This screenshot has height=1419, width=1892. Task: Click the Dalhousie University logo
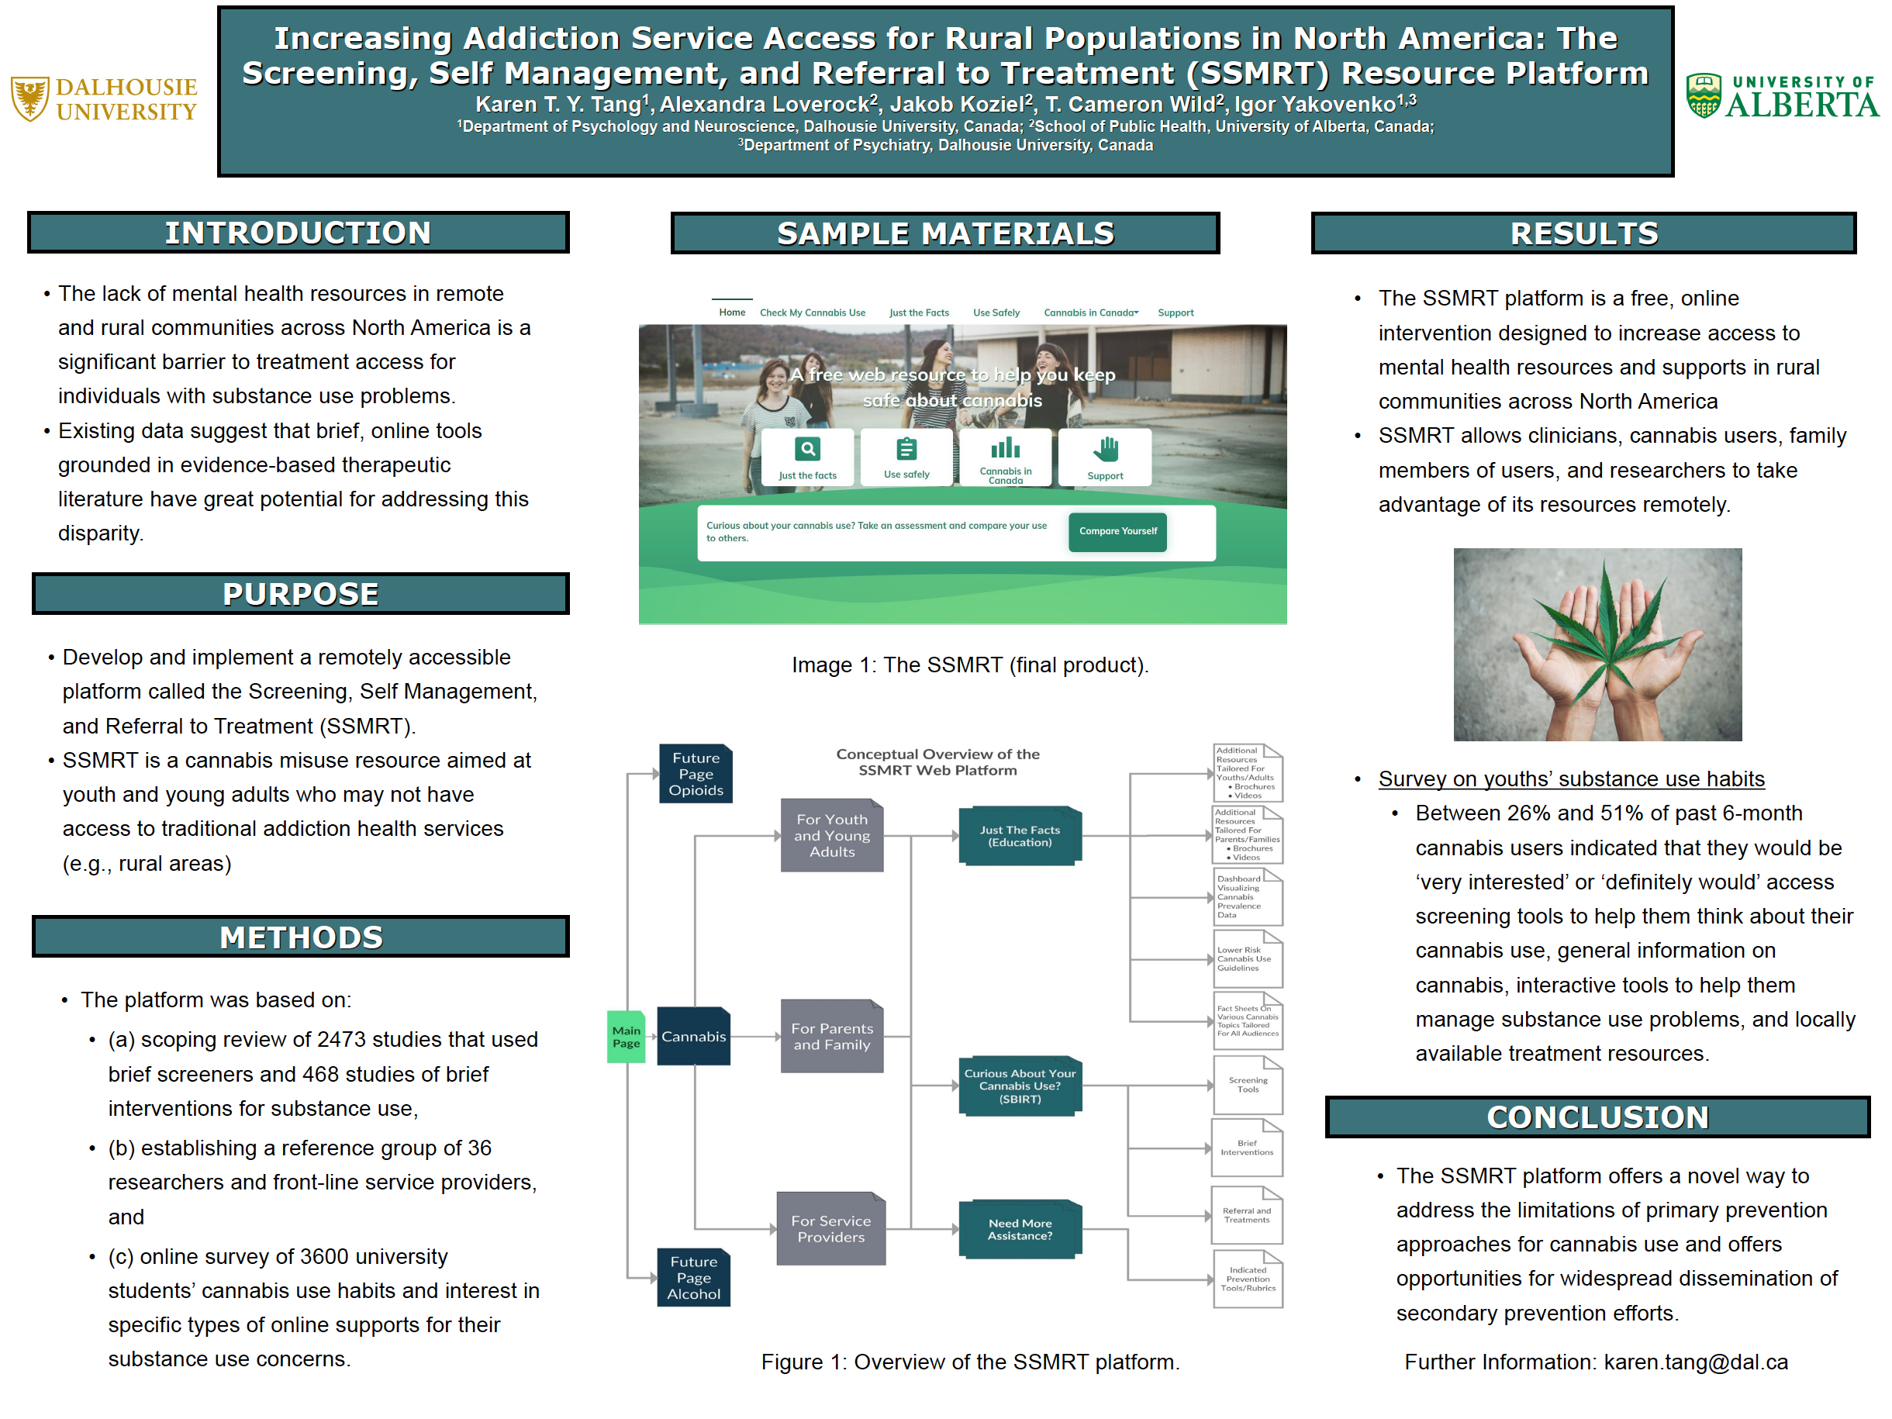point(103,98)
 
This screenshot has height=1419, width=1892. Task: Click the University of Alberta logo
point(1782,96)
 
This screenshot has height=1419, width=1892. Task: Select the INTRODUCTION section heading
point(298,233)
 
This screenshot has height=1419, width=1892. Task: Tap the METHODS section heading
point(300,937)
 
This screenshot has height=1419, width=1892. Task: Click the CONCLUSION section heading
point(1597,1117)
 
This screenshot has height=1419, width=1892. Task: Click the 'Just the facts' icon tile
point(806,457)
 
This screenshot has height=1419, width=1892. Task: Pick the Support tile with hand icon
point(1104,457)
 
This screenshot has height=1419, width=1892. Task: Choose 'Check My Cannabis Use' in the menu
point(812,313)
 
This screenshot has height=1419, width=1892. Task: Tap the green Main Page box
point(625,1037)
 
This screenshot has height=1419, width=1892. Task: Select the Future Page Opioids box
point(696,774)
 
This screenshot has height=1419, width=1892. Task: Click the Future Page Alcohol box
point(694,1277)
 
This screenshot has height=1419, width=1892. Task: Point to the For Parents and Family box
point(831,1036)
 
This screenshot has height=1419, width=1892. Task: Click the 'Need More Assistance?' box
point(1020,1229)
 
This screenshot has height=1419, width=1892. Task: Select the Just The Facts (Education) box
point(1020,836)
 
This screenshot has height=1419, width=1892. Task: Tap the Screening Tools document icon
point(1247,1085)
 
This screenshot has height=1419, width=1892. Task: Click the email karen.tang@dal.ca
point(1694,1362)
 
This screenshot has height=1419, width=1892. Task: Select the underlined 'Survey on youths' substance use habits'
point(1570,779)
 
